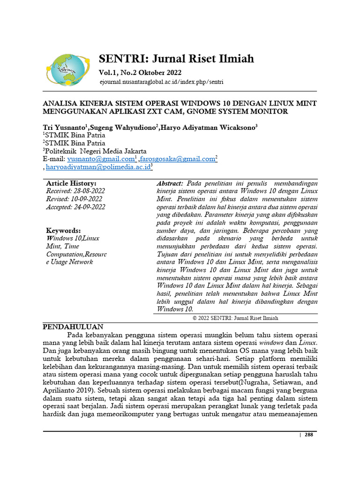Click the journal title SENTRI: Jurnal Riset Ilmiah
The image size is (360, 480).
click(176, 59)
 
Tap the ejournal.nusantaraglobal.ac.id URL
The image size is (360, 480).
click(161, 82)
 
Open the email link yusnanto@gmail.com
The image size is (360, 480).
click(101, 159)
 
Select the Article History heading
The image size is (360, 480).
click(71, 183)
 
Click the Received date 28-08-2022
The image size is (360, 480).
click(75, 191)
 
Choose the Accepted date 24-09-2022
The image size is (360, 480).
click(75, 207)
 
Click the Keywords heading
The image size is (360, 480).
click(63, 231)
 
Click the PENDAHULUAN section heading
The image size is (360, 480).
click(73, 327)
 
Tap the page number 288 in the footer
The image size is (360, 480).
click(308, 435)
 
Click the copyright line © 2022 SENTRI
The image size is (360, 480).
click(235, 318)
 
